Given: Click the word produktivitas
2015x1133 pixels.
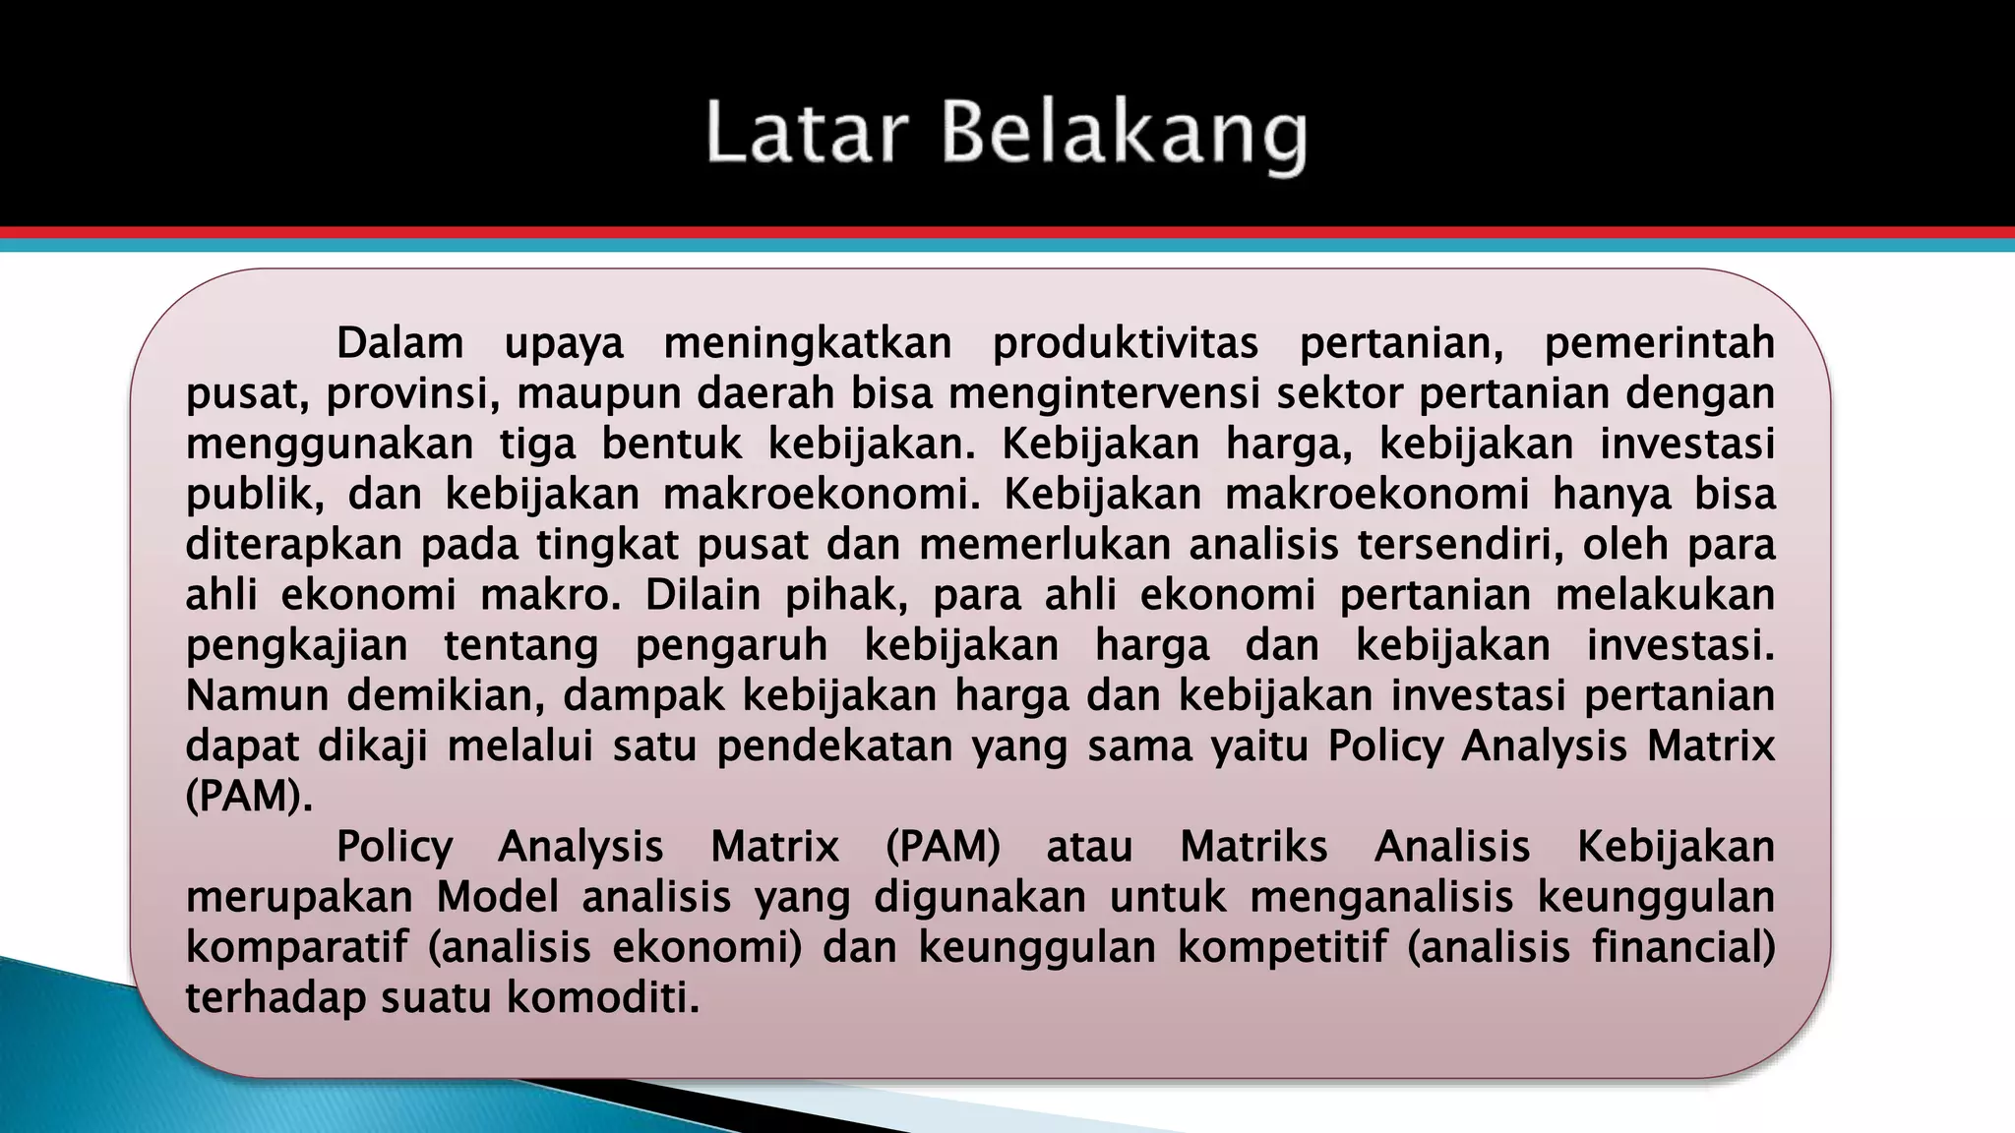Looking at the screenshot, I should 1126,343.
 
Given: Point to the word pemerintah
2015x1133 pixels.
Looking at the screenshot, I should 1659,343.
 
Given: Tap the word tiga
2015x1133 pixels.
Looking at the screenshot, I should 537,444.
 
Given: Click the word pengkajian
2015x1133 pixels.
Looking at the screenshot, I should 296,646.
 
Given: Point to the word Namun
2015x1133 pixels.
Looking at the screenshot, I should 253,695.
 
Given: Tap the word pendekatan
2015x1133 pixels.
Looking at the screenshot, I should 834,746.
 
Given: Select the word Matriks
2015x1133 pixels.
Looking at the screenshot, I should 1253,847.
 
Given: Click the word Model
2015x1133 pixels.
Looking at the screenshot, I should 497,897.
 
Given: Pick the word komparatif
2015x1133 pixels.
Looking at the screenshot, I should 296,948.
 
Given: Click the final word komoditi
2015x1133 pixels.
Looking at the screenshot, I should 602,998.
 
